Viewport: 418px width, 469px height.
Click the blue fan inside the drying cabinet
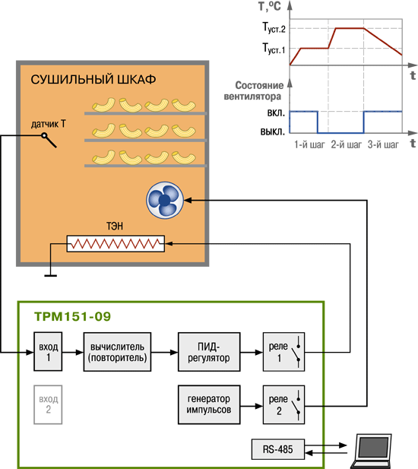pos(165,200)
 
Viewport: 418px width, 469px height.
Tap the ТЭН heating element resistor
pos(116,244)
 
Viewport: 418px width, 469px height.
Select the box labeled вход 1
pos(48,352)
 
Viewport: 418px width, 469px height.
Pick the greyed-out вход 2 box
pos(48,404)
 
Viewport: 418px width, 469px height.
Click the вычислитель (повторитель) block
pos(117,352)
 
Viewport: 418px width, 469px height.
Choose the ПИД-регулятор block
pos(209,352)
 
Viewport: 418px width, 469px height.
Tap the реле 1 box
pos(283,352)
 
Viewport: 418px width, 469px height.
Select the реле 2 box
pos(283,404)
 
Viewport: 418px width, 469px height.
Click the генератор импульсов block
pos(209,404)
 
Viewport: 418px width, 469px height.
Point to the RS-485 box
pos(278,449)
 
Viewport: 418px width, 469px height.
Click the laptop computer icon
pos(372,451)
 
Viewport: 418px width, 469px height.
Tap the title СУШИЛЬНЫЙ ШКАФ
pos(93,80)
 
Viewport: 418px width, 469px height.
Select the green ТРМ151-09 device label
pos(73,316)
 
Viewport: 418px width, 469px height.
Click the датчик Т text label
pos(49,124)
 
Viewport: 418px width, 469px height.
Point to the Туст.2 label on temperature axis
pos(274,27)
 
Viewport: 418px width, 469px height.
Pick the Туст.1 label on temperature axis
pos(274,49)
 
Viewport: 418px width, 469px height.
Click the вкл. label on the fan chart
pos(276,113)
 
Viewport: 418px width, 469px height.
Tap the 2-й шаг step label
pos(347,144)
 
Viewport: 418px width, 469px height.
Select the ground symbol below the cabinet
pos(50,275)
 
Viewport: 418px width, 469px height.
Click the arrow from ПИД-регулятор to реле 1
pos(252,353)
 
